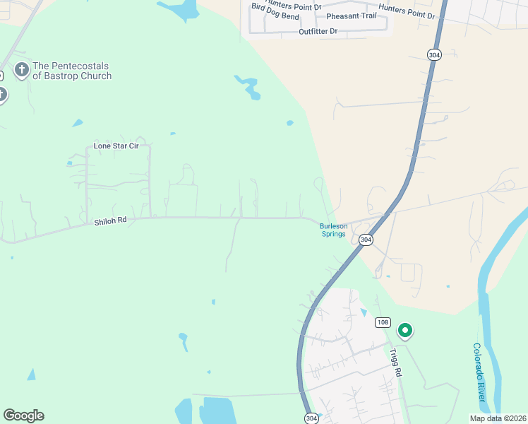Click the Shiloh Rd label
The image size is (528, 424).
coord(110,221)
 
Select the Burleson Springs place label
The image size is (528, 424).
coord(333,230)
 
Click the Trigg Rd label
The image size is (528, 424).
coord(395,363)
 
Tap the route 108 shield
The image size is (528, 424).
coord(383,323)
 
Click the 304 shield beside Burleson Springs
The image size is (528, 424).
coord(365,240)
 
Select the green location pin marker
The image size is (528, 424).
coord(405,329)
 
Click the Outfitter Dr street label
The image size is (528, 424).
coord(318,32)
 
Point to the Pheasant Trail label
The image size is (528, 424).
coord(351,16)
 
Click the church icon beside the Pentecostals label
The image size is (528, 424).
coord(21,70)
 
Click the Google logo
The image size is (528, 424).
coord(23,416)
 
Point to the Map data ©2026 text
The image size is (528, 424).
coord(497,418)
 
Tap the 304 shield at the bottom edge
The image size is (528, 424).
coord(311,418)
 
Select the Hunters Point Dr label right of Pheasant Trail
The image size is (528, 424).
coord(407,11)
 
